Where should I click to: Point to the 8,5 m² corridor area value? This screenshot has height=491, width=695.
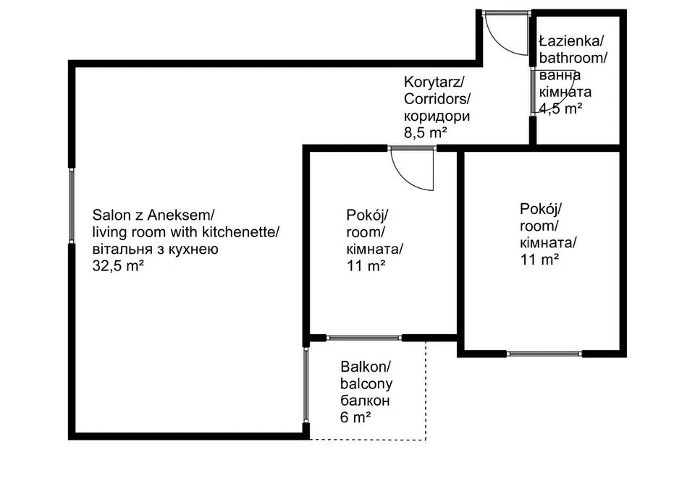coord(424,132)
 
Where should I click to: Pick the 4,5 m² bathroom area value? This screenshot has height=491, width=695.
coord(561,108)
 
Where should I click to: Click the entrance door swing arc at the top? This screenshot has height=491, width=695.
coord(507,40)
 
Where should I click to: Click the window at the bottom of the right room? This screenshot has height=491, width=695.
coord(544,354)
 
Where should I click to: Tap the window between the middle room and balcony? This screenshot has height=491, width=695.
coord(363,338)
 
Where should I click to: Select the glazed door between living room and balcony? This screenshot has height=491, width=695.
coord(306,387)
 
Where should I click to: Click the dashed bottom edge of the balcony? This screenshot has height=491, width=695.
coord(368,440)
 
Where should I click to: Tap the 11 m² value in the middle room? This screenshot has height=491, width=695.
coord(366,265)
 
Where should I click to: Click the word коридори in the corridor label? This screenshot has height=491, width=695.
coord(437,115)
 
